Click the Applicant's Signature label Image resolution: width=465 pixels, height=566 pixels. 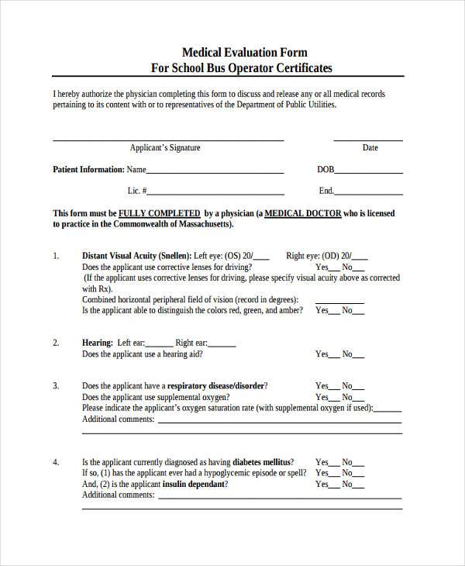pos(165,147)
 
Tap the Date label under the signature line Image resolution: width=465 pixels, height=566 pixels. pos(370,147)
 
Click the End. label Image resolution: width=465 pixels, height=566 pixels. pos(326,191)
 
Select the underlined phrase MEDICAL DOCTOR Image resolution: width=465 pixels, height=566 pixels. pos(303,212)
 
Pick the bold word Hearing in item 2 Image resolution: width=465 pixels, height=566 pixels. pos(98,342)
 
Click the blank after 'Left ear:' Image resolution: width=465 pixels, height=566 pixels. pos(160,344)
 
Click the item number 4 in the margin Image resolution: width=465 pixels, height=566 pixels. pos(56,461)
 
